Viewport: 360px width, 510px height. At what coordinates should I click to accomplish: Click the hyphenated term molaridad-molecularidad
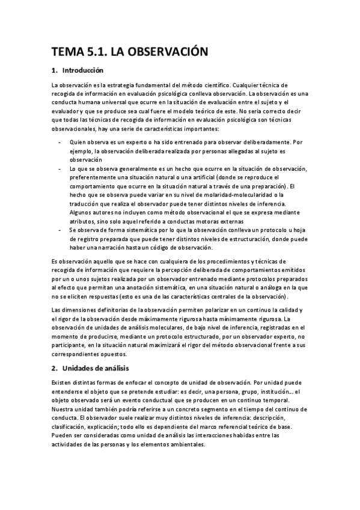click(x=228, y=195)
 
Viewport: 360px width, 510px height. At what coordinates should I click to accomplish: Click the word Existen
click(x=64, y=382)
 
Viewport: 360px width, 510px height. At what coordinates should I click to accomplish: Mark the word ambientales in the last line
click(x=185, y=444)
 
